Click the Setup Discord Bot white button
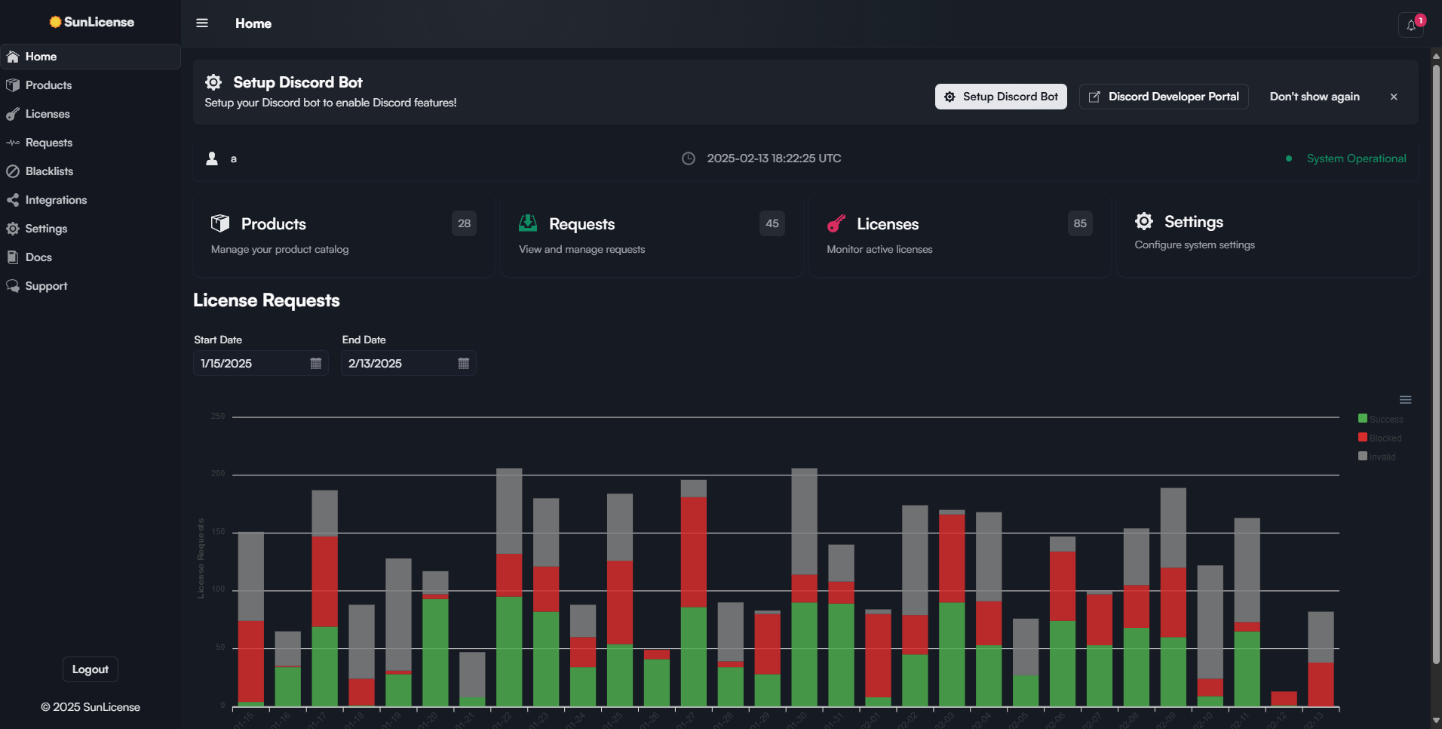click(x=1001, y=97)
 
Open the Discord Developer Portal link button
click(x=1164, y=97)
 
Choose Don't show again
click(x=1315, y=97)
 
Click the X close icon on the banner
click(x=1394, y=97)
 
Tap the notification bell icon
click(x=1411, y=25)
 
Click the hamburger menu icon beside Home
click(x=202, y=23)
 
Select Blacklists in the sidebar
click(x=49, y=171)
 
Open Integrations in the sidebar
click(x=56, y=200)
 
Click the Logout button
click(x=90, y=669)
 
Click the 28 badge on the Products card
click(x=464, y=223)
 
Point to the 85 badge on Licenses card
click(x=1080, y=223)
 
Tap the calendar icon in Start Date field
click(x=316, y=364)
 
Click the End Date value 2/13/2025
click(x=375, y=364)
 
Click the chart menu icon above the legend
click(x=1405, y=400)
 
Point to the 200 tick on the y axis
click(x=218, y=474)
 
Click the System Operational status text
click(x=1356, y=158)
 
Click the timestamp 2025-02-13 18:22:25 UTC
click(x=773, y=158)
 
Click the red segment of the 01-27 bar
click(x=693, y=551)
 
